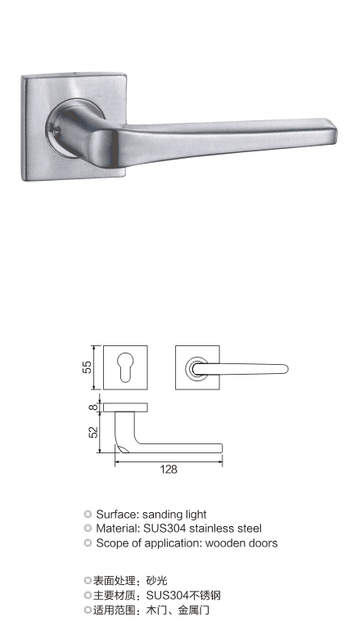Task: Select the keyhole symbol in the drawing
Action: (x=125, y=367)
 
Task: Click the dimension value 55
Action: (x=88, y=367)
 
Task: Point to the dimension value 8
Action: (x=92, y=407)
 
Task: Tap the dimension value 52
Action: (x=92, y=432)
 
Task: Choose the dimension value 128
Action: (x=169, y=470)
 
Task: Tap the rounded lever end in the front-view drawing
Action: (x=285, y=369)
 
